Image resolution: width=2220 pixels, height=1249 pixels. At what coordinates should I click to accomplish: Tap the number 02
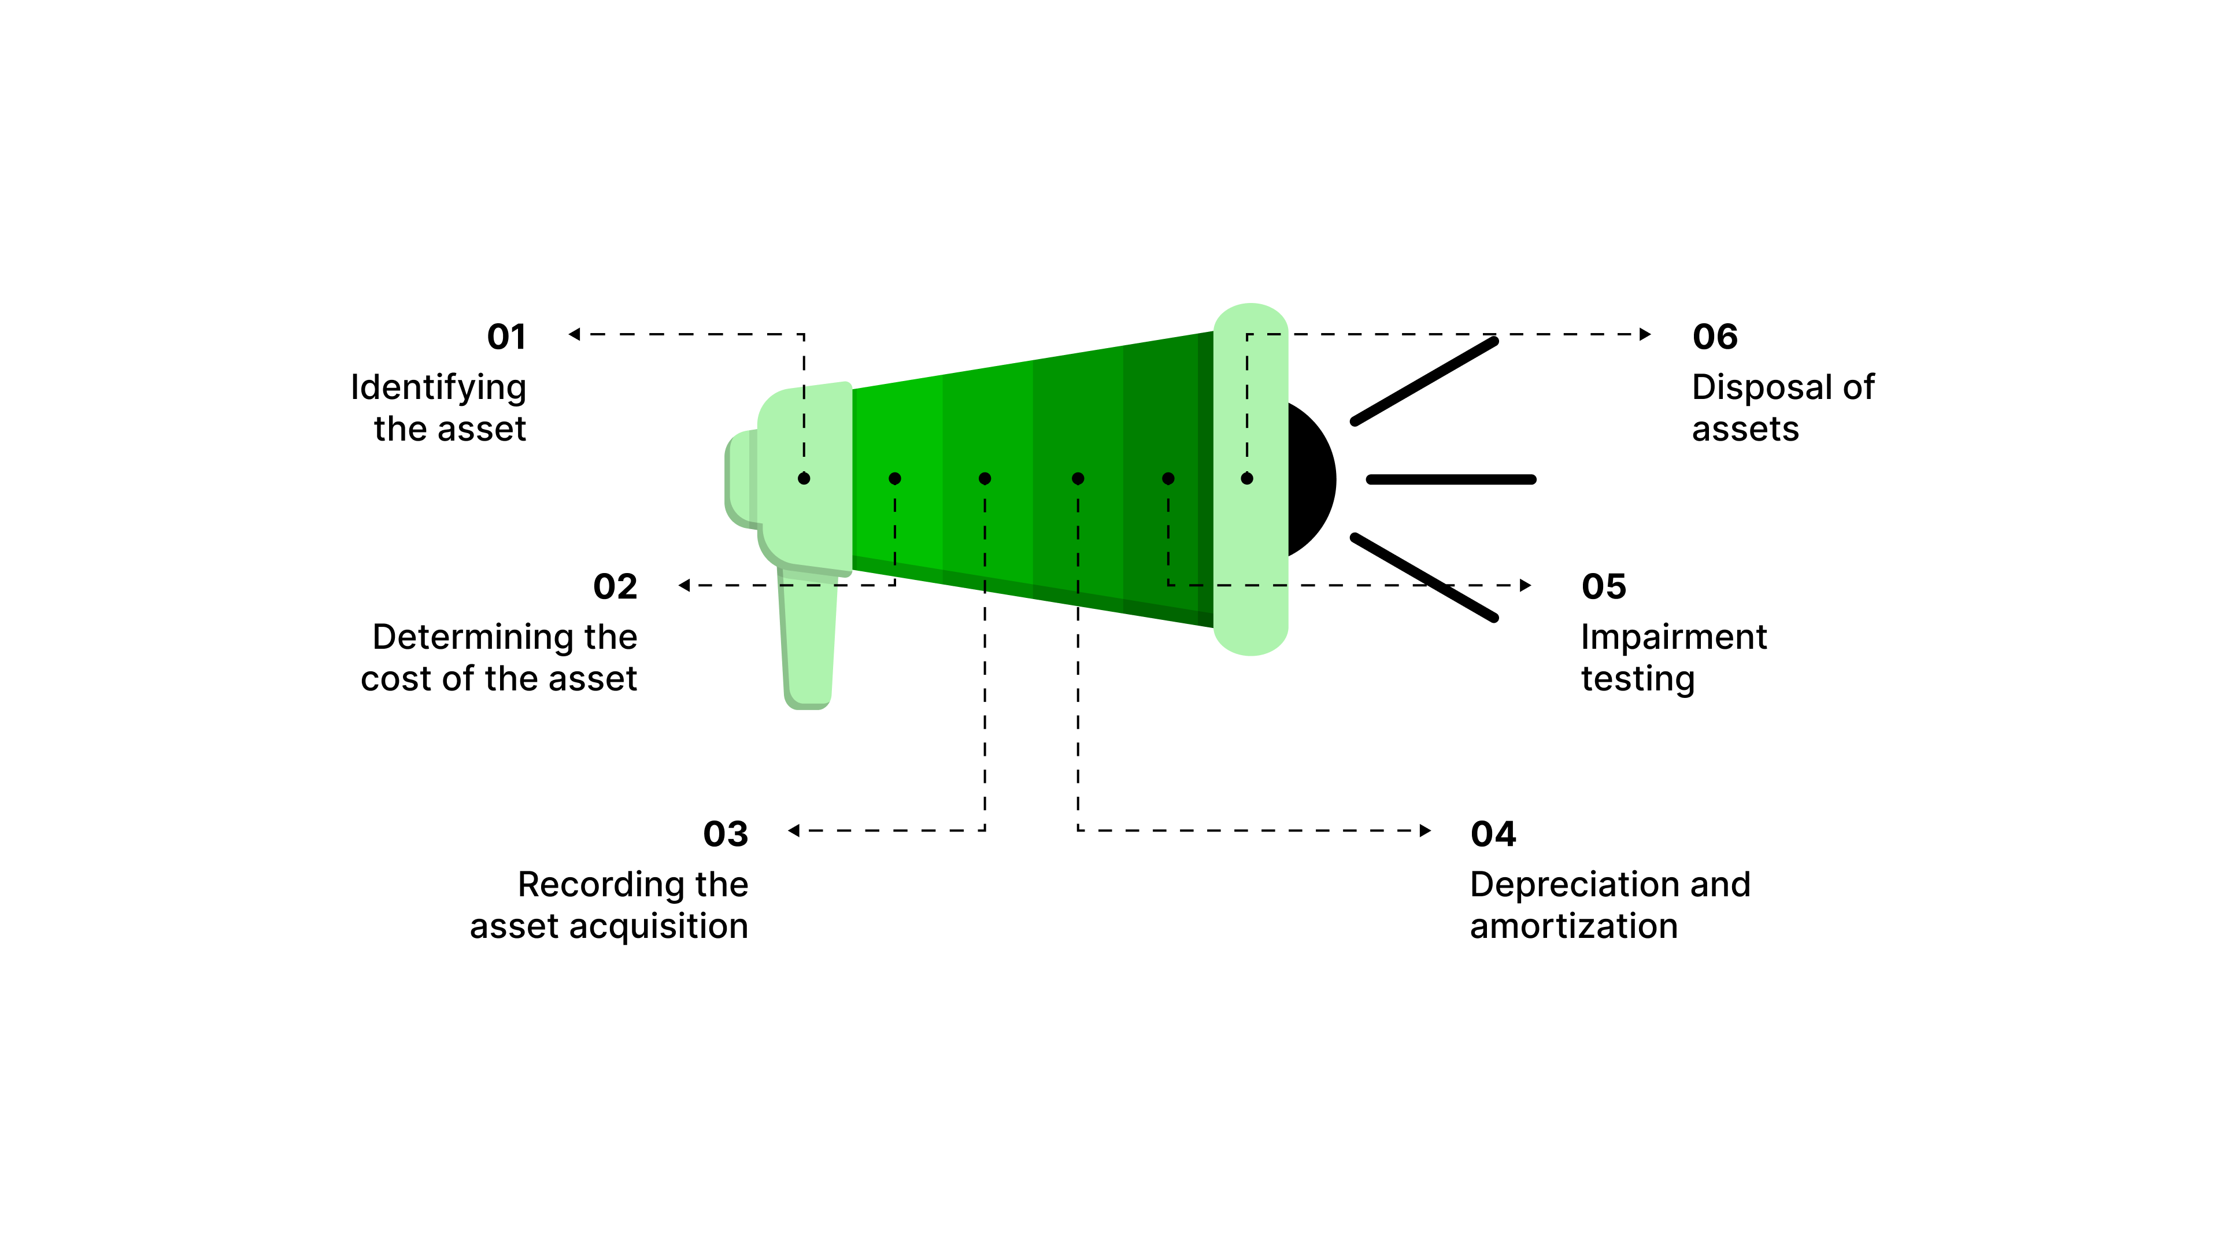click(x=615, y=587)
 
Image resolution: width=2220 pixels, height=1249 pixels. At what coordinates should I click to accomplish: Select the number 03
click(x=725, y=834)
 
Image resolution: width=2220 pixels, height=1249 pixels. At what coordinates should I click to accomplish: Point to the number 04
click(x=1493, y=834)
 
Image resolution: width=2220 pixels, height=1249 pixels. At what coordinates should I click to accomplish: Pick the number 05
click(x=1603, y=587)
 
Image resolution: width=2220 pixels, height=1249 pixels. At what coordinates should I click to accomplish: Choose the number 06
click(x=1714, y=337)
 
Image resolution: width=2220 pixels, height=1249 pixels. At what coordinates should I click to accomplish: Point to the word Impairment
click(x=1673, y=638)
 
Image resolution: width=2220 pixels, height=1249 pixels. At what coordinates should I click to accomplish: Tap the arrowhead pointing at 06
click(x=1645, y=334)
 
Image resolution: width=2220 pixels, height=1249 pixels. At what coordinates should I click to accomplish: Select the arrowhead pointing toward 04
click(x=1426, y=831)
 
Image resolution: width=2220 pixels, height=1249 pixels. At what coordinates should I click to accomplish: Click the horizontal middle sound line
click(x=1451, y=479)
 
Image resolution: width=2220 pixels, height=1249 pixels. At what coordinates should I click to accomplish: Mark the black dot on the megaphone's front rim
click(x=1247, y=478)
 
